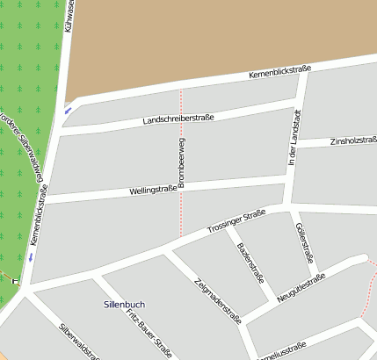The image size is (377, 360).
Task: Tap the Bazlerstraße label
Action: tap(250, 260)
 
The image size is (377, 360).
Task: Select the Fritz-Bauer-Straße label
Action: tap(149, 332)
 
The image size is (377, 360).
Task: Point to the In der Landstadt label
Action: tap(295, 138)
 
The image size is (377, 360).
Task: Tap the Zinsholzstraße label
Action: tap(353, 141)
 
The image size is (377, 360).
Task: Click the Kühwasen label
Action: tap(69, 18)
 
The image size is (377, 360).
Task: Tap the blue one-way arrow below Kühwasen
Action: tap(67, 110)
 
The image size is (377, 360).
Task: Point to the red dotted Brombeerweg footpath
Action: tap(181, 211)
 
